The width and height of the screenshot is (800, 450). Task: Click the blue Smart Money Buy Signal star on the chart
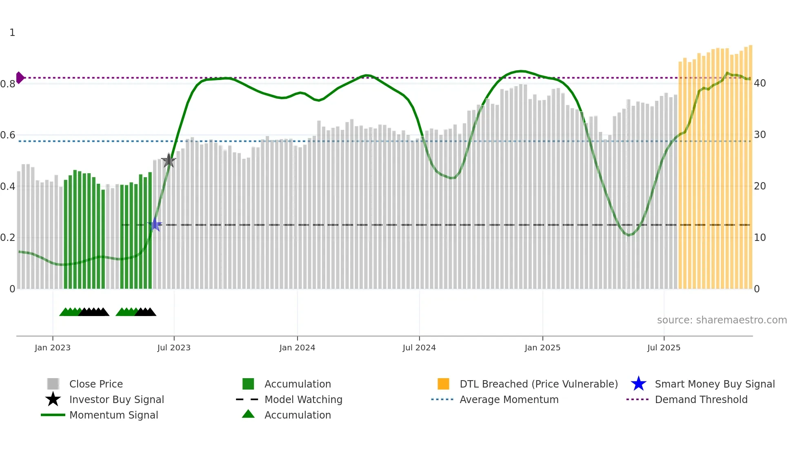[x=155, y=225]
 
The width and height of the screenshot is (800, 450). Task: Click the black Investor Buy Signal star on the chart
[x=169, y=161]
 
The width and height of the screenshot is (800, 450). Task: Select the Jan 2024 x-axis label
[x=297, y=348]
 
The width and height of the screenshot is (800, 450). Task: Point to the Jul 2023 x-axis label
[x=174, y=348]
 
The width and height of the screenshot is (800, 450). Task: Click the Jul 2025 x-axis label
[x=664, y=348]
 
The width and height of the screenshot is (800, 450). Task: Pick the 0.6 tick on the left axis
[x=8, y=135]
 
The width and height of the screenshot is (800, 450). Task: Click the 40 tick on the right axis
[x=760, y=83]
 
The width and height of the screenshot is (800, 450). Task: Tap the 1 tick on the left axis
[x=12, y=33]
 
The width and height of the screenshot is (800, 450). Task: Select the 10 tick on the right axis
[x=760, y=238]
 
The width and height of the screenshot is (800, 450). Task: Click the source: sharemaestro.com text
[x=722, y=320]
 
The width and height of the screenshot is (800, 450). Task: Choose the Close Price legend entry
[x=96, y=384]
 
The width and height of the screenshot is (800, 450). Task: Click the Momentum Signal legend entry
[x=113, y=415]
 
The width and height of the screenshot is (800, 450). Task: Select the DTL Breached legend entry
[x=538, y=384]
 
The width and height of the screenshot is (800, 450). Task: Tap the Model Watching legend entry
[x=303, y=399]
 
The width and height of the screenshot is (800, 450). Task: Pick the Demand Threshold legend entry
[x=701, y=399]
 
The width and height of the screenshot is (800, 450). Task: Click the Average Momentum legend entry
[x=509, y=399]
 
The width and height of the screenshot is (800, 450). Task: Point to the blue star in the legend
[x=638, y=384]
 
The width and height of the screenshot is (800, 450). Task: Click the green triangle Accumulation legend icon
[x=248, y=414]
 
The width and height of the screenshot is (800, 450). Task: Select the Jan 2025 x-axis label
[x=542, y=348]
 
